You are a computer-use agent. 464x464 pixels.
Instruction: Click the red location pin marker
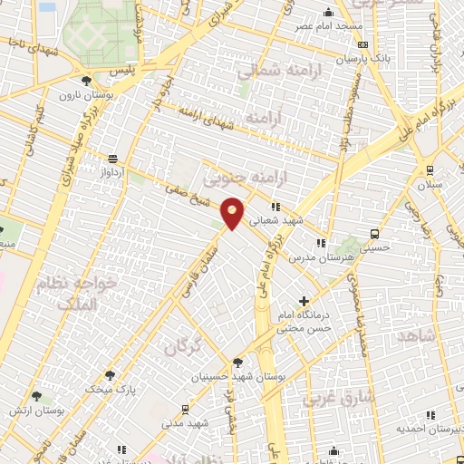click(x=233, y=213)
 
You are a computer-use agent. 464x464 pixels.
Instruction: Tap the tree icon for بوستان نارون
click(x=87, y=81)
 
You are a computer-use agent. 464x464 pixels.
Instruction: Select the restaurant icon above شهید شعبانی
click(x=275, y=206)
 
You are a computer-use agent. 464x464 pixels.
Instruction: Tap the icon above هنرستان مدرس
click(x=320, y=243)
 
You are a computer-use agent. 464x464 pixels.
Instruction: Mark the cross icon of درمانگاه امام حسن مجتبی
click(x=304, y=301)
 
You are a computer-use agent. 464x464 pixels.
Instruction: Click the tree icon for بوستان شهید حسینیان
click(x=237, y=362)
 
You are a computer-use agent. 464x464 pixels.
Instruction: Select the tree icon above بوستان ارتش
click(x=36, y=397)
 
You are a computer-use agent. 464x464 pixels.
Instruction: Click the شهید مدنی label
click(x=186, y=423)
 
